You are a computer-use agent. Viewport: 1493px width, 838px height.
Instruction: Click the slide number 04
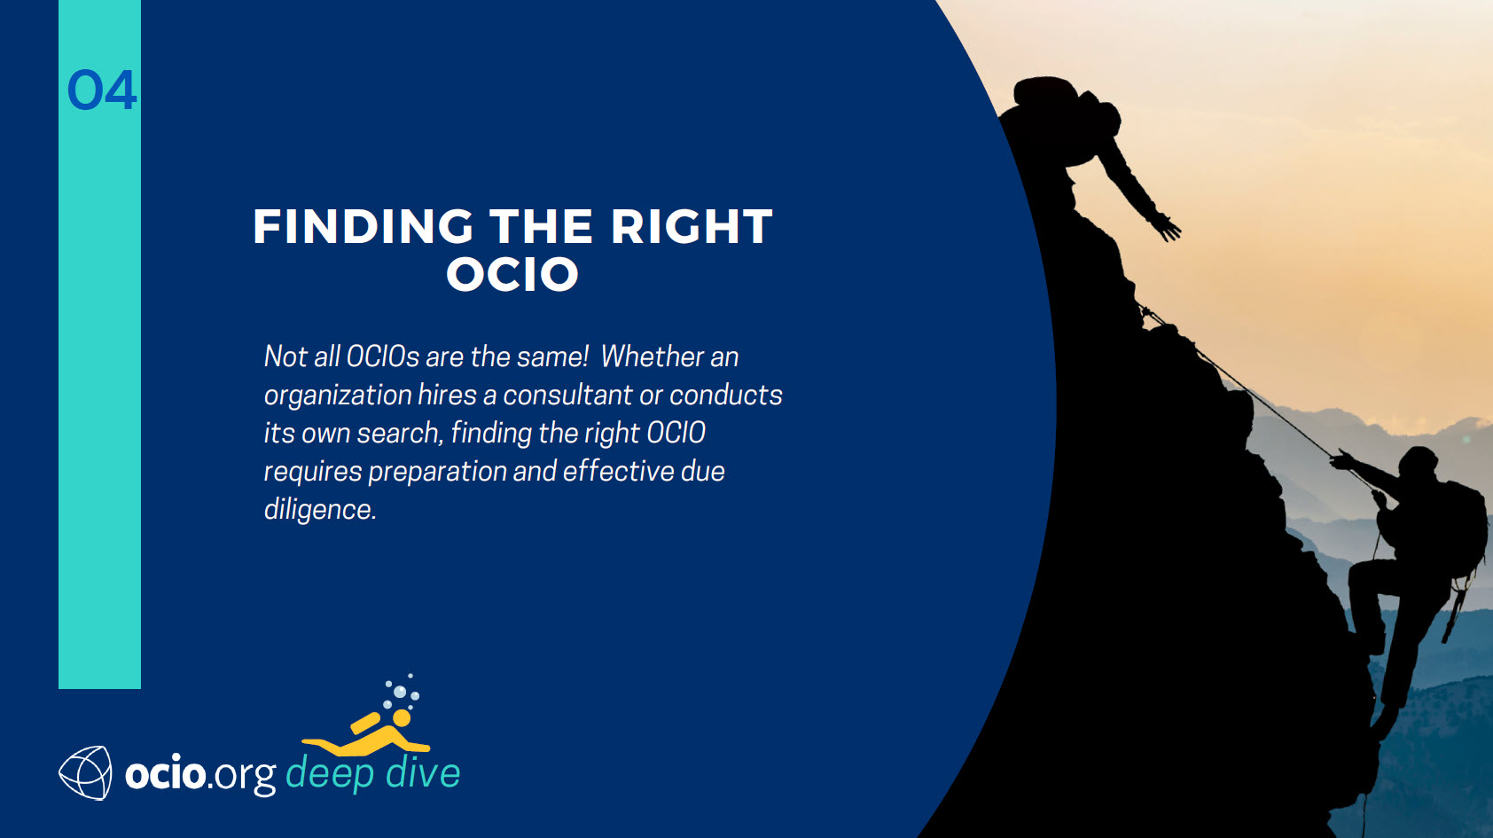click(x=102, y=90)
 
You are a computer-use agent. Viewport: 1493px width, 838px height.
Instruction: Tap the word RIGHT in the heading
click(x=692, y=227)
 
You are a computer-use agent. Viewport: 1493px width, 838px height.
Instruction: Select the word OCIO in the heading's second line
click(x=512, y=274)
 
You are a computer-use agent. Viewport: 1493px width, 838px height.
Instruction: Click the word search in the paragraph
click(x=400, y=434)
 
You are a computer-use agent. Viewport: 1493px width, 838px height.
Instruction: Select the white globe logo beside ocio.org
click(x=85, y=772)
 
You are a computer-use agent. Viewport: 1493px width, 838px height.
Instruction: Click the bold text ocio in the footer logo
click(x=165, y=773)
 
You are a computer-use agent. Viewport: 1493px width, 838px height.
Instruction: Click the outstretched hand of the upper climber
click(x=1167, y=227)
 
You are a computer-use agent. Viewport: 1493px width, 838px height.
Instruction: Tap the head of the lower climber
click(x=1418, y=461)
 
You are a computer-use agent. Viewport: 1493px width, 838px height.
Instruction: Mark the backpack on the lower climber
click(x=1463, y=527)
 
